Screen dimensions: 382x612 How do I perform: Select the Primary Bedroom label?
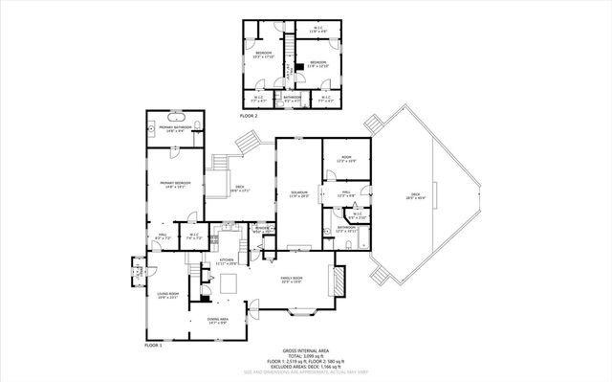point(175,185)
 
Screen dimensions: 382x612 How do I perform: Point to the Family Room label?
point(292,281)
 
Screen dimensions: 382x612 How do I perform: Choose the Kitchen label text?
point(227,261)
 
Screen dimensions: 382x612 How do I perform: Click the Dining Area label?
point(217,321)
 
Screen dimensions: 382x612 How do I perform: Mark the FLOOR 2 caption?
point(248,114)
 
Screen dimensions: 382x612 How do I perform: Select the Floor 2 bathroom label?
point(292,98)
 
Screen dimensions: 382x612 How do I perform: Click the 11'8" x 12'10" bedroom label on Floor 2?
point(317,65)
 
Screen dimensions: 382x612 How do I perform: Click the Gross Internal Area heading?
point(304,352)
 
